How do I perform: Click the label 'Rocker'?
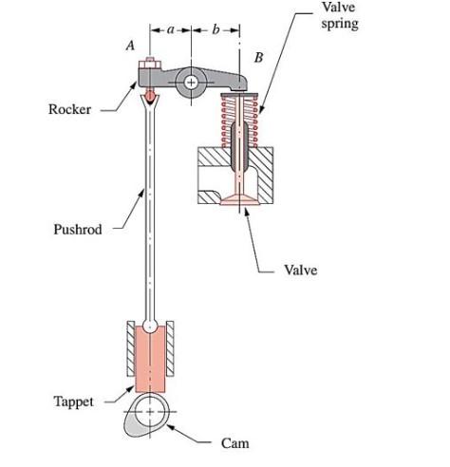tap(69, 109)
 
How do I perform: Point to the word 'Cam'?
tap(234, 443)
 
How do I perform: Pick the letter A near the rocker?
tap(129, 46)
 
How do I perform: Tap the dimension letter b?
tap(216, 30)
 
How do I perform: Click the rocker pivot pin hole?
tap(193, 83)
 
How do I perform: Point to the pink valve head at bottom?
tap(236, 198)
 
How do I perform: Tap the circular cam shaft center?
tap(150, 415)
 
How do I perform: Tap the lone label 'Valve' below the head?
tap(301, 271)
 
